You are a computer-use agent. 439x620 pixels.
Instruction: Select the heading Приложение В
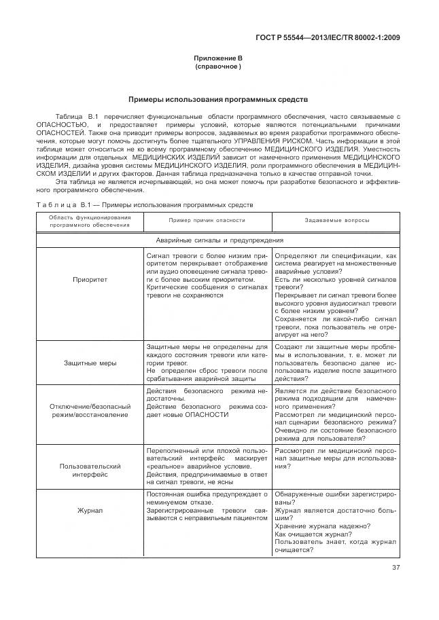click(218, 60)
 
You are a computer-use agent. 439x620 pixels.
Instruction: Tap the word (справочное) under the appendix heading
click(218, 67)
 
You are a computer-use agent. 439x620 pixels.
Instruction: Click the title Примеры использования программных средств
click(218, 99)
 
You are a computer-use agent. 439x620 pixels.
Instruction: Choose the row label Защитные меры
click(90, 363)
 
